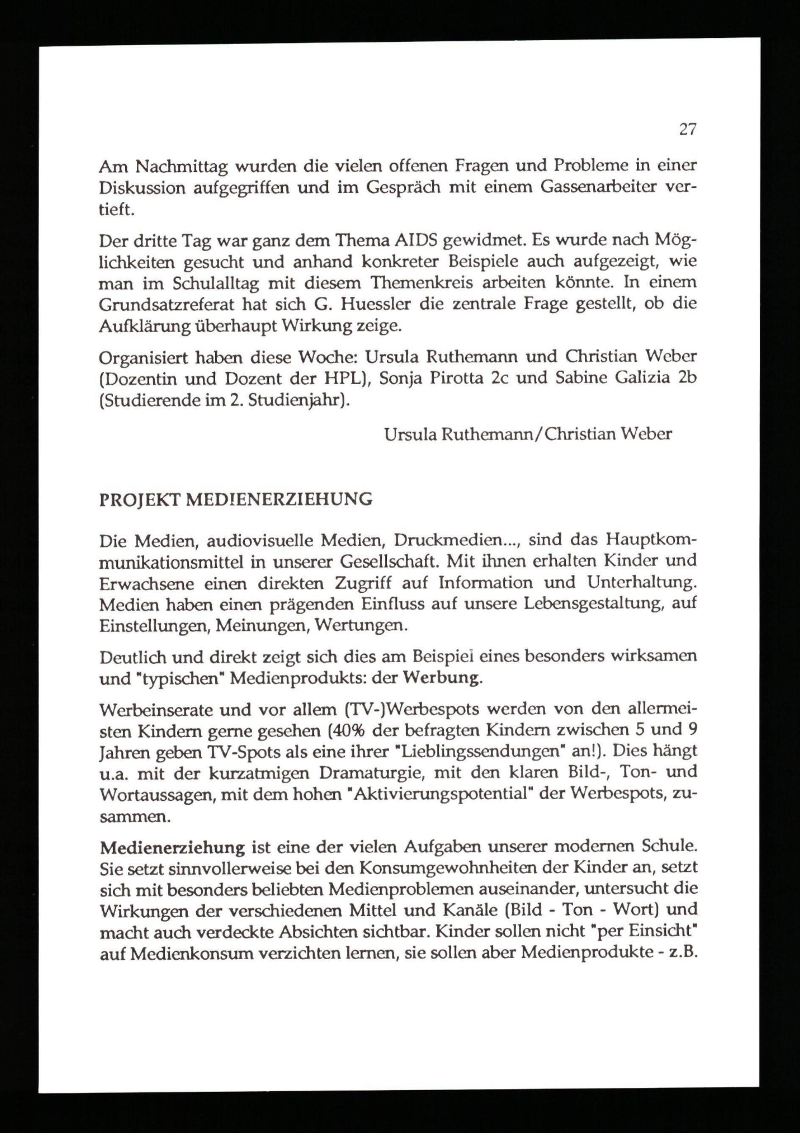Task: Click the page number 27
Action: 688,130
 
